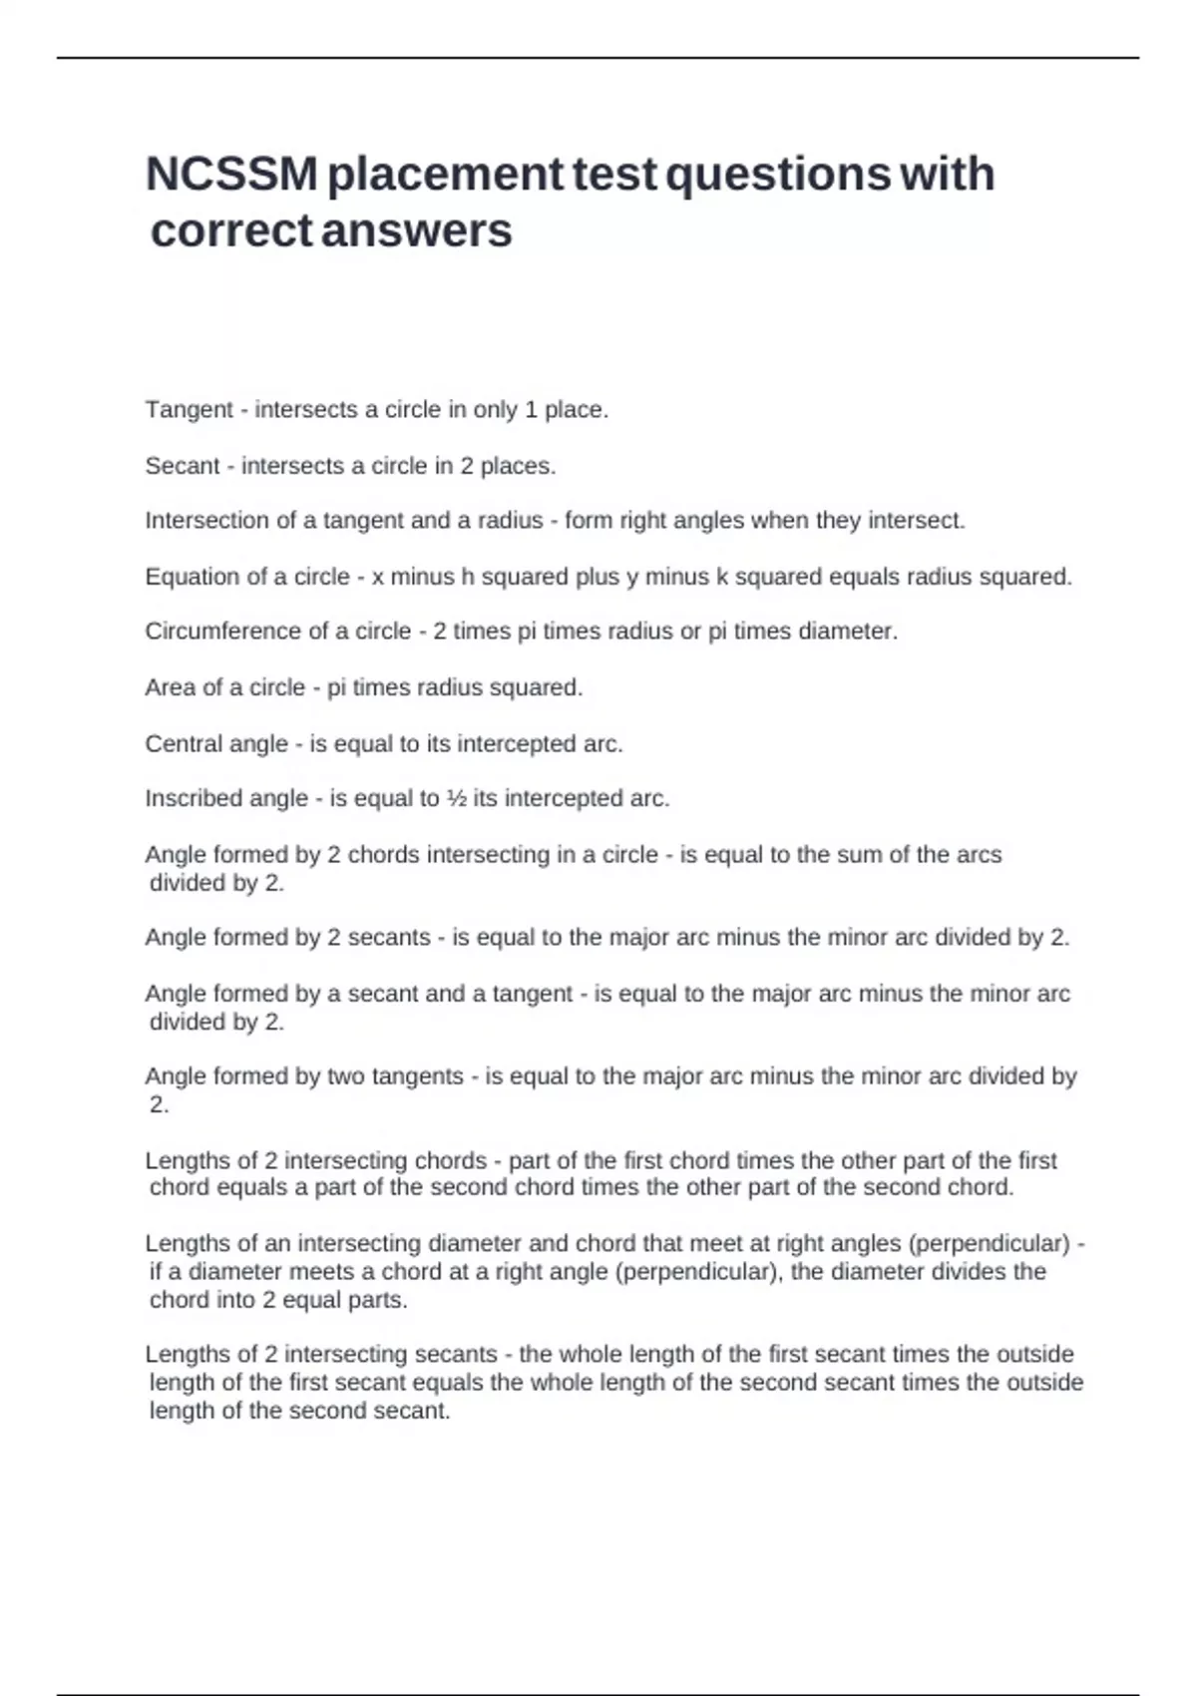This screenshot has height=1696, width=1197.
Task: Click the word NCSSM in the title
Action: pyautogui.click(x=230, y=174)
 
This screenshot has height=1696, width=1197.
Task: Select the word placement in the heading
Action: pyautogui.click(x=446, y=174)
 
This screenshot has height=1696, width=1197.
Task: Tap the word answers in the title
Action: pyautogui.click(x=418, y=230)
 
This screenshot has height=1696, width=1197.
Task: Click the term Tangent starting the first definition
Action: pyautogui.click(x=190, y=410)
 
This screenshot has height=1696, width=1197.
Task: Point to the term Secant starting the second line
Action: pyautogui.click(x=183, y=466)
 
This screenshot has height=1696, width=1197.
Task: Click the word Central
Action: pyautogui.click(x=184, y=743)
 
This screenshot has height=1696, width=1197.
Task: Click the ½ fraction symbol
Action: pyautogui.click(x=456, y=798)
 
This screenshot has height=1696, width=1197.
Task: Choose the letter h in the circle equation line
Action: pyautogui.click(x=465, y=577)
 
